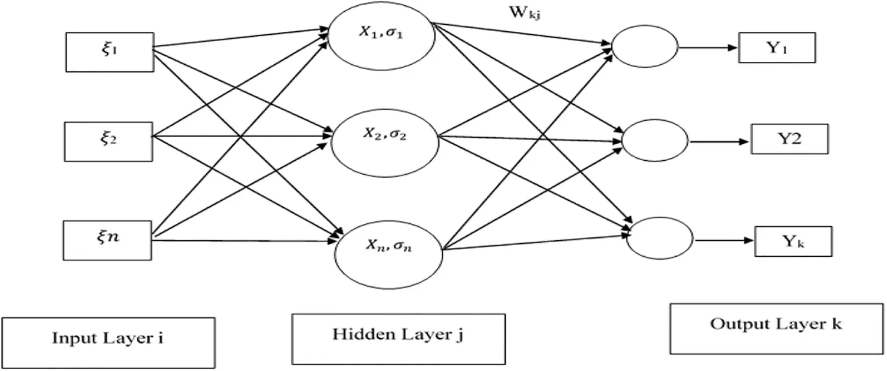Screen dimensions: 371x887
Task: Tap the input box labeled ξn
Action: pos(110,238)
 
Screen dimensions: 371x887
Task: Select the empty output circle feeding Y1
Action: pos(645,48)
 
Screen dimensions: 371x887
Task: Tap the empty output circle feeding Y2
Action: pos(655,141)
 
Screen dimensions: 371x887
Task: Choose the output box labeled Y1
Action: pos(777,48)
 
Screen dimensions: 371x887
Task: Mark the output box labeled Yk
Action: pos(793,241)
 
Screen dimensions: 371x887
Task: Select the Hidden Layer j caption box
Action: pos(398,338)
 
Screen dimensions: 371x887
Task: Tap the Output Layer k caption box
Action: pos(776,328)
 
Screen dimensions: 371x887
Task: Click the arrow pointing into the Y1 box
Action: pos(710,48)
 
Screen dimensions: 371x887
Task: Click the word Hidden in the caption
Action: pos(364,334)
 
